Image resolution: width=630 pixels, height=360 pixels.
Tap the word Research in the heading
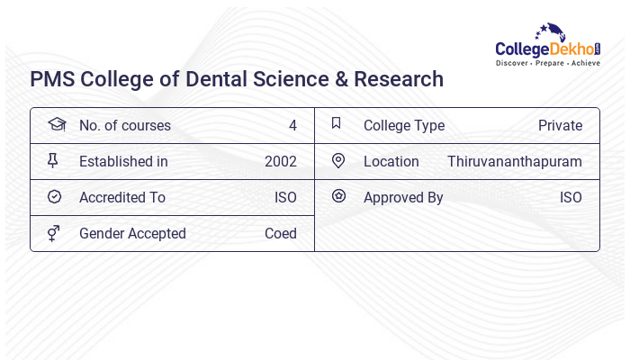[399, 79]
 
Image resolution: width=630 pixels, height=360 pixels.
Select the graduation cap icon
[56, 125]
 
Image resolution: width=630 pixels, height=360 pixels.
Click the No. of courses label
[124, 126]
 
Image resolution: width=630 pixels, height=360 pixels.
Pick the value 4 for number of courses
[292, 126]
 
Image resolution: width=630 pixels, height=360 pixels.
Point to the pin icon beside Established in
[53, 161]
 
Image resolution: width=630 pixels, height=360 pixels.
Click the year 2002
[281, 162]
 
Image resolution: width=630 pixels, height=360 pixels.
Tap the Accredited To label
[122, 198]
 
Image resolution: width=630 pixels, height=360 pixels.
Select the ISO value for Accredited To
[285, 198]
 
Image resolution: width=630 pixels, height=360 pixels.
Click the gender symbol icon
[54, 233]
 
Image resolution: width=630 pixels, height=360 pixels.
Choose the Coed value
[281, 234]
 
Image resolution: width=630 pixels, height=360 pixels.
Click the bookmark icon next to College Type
[337, 124]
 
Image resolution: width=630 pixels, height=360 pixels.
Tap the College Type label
[404, 126]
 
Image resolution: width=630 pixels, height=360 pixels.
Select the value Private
[560, 126]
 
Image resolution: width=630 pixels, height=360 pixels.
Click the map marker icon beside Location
[338, 161]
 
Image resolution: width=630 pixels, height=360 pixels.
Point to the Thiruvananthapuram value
[515, 162]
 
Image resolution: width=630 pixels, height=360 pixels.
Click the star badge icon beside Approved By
[338, 196]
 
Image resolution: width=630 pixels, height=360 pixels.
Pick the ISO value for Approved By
[571, 198]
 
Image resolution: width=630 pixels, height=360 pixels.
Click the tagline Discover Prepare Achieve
[547, 63]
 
